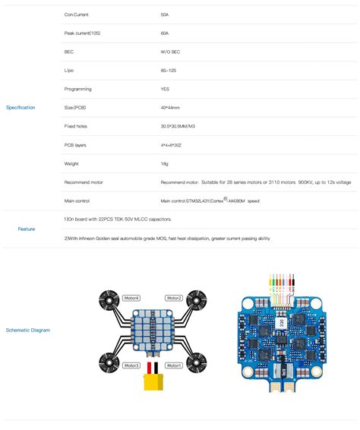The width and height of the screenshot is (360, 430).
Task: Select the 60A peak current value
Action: click(x=165, y=33)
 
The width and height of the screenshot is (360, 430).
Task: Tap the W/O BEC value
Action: click(x=170, y=52)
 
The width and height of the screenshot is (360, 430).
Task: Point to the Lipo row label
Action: click(x=70, y=71)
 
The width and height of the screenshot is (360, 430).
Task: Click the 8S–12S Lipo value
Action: click(x=169, y=71)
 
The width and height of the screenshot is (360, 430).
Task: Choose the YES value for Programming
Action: click(x=166, y=89)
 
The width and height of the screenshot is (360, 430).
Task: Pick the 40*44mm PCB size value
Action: click(x=171, y=107)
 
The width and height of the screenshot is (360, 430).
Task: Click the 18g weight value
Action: click(x=165, y=163)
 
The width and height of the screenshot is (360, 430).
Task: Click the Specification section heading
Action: click(x=21, y=108)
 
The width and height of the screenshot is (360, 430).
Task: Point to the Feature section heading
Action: click(x=27, y=228)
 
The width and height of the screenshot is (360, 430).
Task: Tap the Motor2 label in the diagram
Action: click(x=174, y=299)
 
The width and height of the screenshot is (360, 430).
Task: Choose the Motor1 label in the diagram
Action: click(x=174, y=365)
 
